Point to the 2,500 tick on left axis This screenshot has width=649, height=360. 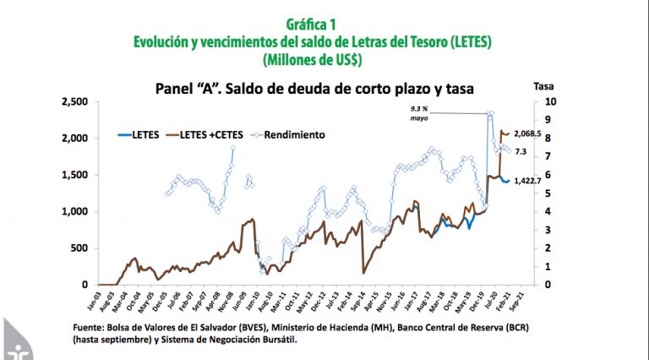[x=74, y=101]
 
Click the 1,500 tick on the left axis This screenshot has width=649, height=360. [x=74, y=175]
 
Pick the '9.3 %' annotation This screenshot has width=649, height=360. [x=423, y=108]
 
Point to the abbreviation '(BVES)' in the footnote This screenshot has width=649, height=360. [x=295, y=325]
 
